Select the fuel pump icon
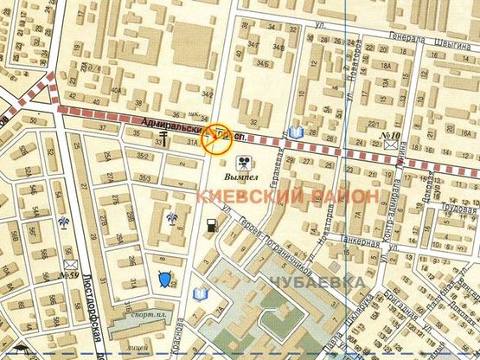211,228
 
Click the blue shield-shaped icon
164,278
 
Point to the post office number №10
389,135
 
